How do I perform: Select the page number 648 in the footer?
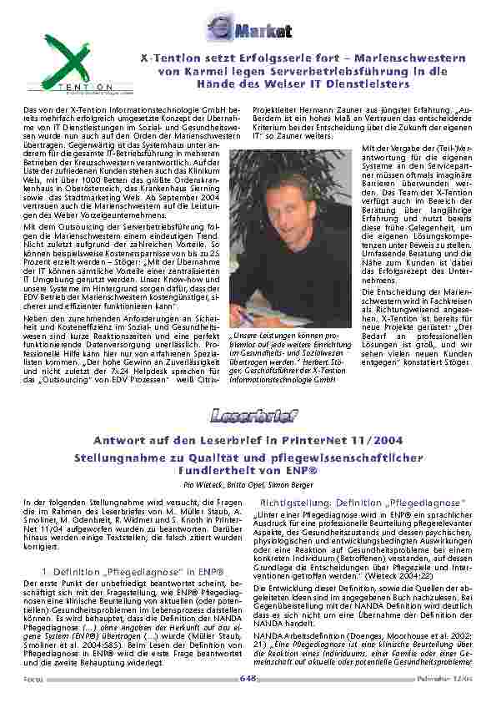coord(247,679)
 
